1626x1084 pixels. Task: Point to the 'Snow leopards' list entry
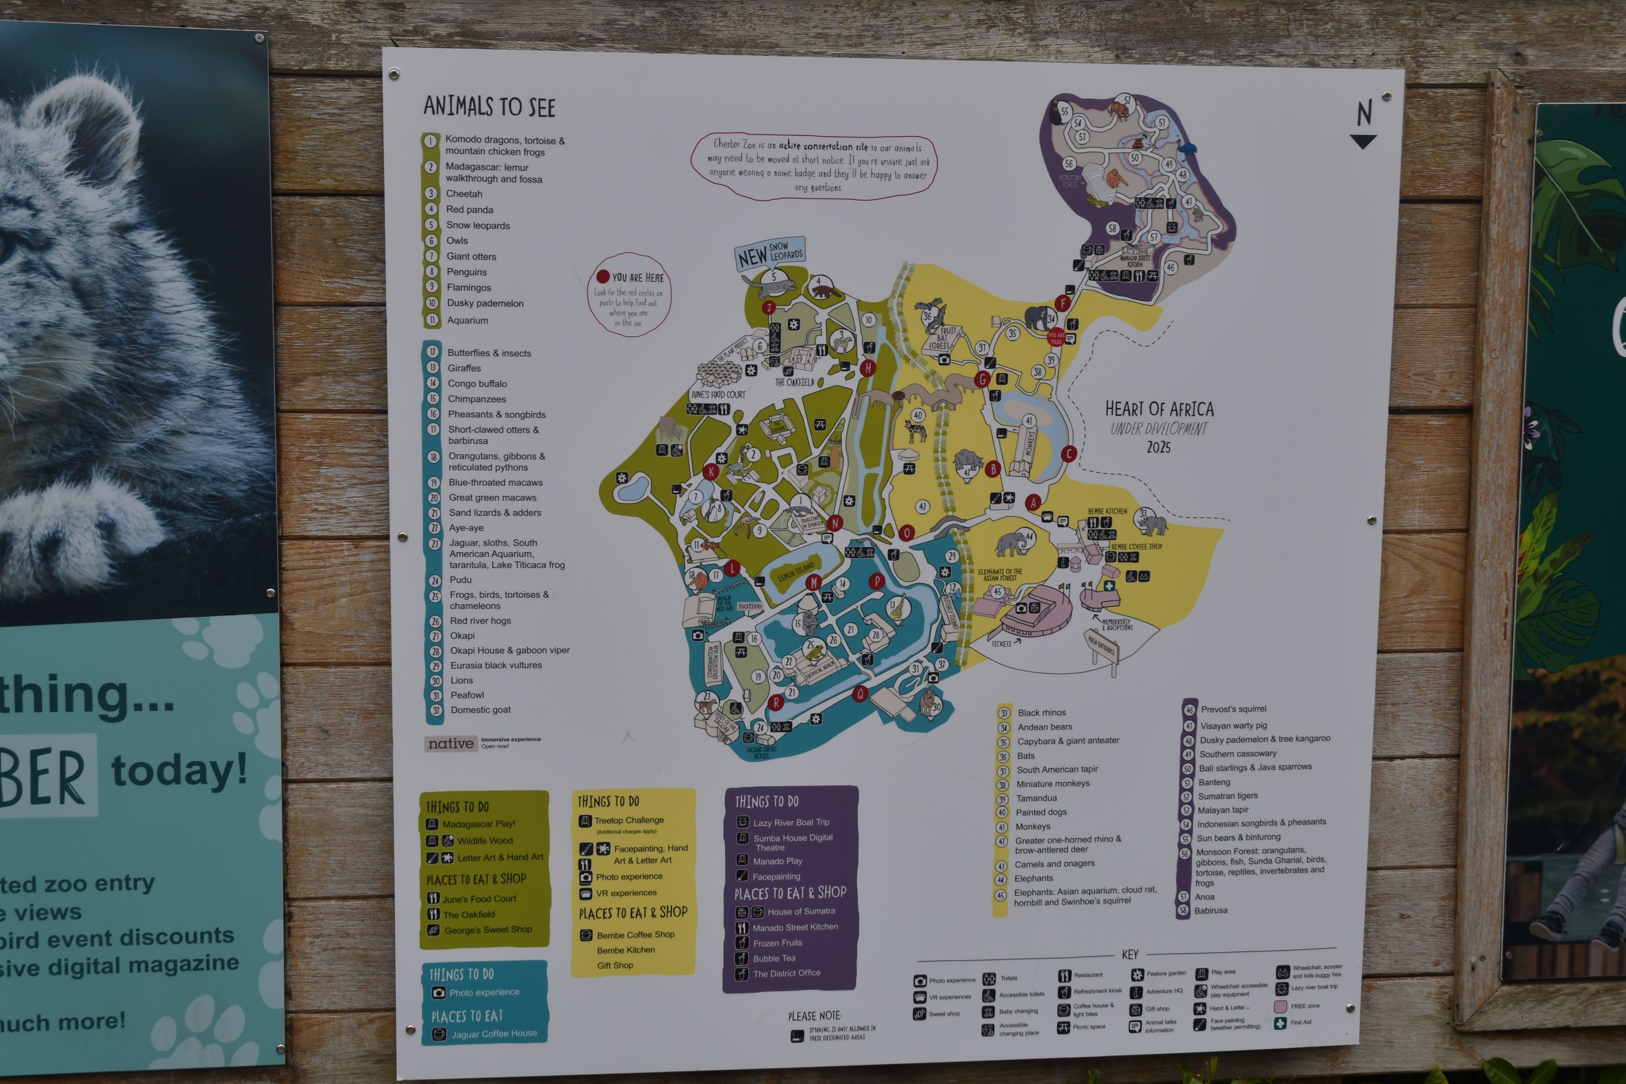[478, 225]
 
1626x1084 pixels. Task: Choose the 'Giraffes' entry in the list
[464, 368]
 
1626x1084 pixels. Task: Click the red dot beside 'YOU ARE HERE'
[603, 277]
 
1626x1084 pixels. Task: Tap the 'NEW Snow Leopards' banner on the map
[769, 254]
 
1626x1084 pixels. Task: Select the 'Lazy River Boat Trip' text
[791, 823]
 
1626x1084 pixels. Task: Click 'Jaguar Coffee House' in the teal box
[494, 1033]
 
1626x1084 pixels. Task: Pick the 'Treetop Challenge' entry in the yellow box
[628, 821]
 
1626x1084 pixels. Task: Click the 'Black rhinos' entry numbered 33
[1041, 713]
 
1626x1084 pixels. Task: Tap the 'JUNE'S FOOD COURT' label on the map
[718, 395]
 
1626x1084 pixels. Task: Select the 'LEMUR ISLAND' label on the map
[796, 571]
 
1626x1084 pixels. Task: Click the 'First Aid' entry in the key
[1300, 1022]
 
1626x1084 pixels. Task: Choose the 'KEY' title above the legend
[1130, 955]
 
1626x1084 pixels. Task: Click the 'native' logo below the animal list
[451, 744]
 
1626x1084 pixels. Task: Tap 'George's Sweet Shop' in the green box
[487, 930]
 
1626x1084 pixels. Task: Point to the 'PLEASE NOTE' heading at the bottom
[815, 1016]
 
